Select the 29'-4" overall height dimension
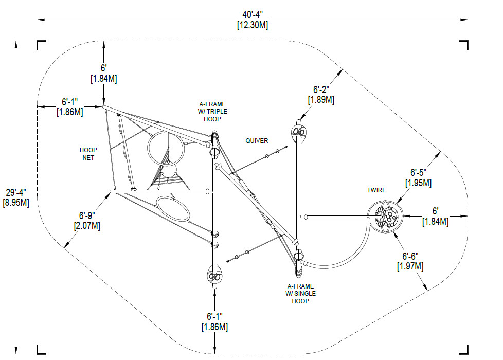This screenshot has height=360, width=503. pyautogui.click(x=16, y=192)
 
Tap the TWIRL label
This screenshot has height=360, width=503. pyautogui.click(x=376, y=190)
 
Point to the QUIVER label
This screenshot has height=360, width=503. pyautogui.click(x=257, y=140)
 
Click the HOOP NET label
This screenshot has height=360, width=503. pyautogui.click(x=88, y=154)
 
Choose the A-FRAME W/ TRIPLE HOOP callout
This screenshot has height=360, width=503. pyautogui.click(x=214, y=112)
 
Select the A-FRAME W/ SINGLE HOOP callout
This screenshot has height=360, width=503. pyautogui.click(x=301, y=293)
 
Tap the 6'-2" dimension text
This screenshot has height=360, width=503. pyautogui.click(x=320, y=89)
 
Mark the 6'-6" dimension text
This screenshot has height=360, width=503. pyautogui.click(x=410, y=256)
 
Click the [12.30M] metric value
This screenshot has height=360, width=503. pyautogui.click(x=252, y=25)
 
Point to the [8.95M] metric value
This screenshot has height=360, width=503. pyautogui.click(x=16, y=202)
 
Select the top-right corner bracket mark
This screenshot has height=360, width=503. pyautogui.click(x=464, y=45)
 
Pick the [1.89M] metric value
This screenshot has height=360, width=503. pyautogui.click(x=320, y=100)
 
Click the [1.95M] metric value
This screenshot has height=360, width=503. pyautogui.click(x=418, y=183)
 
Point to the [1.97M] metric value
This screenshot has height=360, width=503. pyautogui.click(x=410, y=266)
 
